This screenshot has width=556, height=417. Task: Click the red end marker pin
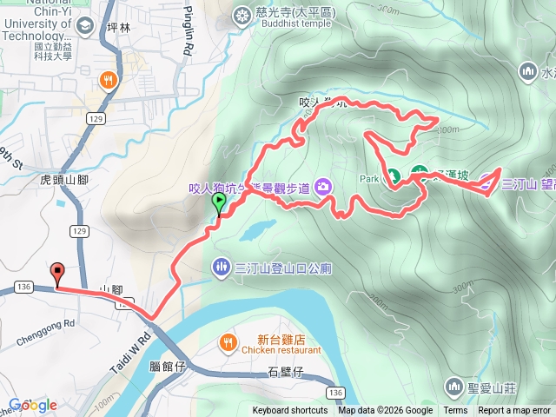58,273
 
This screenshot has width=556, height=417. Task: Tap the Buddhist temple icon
241,14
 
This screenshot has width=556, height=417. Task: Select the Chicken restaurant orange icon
228,340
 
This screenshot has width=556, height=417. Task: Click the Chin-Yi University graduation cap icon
85,24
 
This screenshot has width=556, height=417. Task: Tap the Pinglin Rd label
189,30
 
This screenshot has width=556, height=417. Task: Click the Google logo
33,405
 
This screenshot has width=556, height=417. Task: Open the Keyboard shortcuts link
290,411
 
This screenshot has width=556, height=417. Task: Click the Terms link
455,411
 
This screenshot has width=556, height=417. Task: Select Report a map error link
514,411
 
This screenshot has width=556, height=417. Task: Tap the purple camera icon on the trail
323,185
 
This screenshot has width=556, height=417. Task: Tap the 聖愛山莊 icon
453,385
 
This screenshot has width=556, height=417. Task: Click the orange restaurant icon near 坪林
108,81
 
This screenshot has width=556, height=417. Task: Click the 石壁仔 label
284,373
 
